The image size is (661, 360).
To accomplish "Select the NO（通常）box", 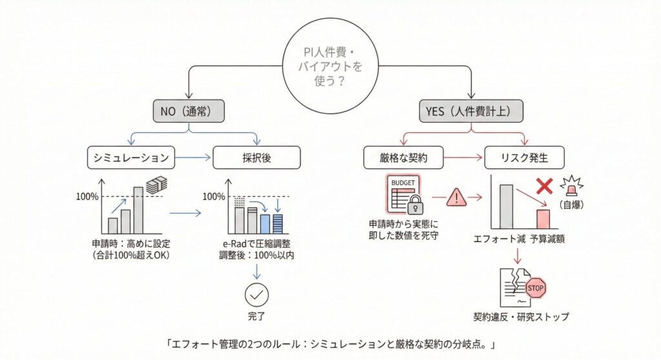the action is [x=188, y=111].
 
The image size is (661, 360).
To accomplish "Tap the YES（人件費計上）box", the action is [x=471, y=111].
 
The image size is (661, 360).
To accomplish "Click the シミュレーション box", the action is [x=131, y=157].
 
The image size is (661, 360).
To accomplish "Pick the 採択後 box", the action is [x=257, y=157].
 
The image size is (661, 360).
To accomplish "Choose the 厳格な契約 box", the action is [x=403, y=157].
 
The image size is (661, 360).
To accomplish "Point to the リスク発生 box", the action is [x=524, y=157].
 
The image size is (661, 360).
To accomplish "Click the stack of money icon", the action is [x=157, y=185].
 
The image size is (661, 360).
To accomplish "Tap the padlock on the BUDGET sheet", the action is [x=415, y=205].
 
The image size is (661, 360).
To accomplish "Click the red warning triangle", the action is [x=456, y=197].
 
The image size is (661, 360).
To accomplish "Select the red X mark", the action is [x=544, y=185].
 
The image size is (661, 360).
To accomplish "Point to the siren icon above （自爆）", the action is [x=572, y=186].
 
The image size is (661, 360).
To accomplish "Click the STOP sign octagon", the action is [x=535, y=288].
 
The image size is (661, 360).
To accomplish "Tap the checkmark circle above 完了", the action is [x=256, y=295].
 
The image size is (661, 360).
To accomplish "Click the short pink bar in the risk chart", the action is [x=543, y=219].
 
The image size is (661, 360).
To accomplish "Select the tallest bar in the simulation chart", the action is [x=138, y=210].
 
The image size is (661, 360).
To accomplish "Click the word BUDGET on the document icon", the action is [x=403, y=183].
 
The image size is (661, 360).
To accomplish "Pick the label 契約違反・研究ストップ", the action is [x=521, y=317].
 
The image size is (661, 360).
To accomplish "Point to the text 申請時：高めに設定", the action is [x=131, y=244].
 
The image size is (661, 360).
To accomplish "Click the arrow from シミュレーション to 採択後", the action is [x=193, y=157].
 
